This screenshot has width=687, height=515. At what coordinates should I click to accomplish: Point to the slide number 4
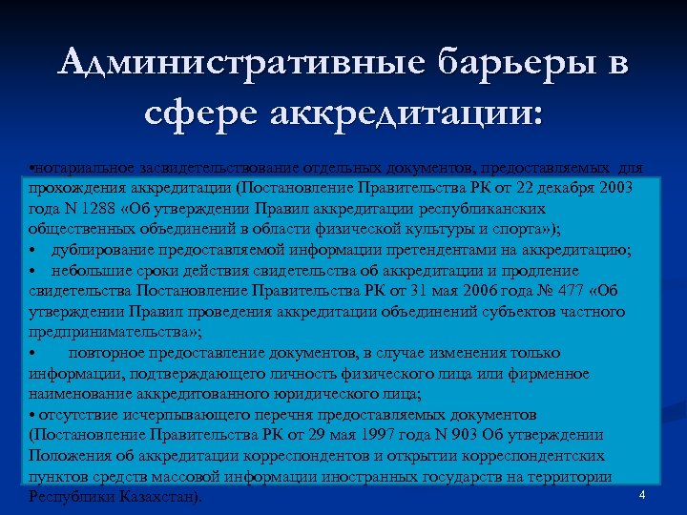pos(642,494)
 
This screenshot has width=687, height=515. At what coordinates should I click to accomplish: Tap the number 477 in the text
pos(569,291)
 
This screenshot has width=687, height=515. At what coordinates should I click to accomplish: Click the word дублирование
pos(100,250)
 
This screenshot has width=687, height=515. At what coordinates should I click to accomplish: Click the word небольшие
pos(92,271)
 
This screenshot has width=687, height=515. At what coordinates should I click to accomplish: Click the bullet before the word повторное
pos(32,353)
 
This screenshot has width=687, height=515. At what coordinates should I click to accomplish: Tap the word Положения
pos(68,456)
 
